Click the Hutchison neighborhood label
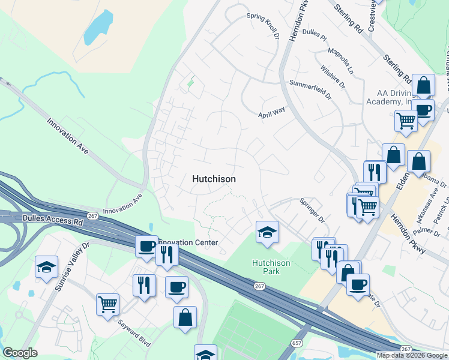[214, 179]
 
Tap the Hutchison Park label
[271, 267]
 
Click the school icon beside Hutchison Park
[267, 233]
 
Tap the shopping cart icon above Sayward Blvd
[107, 304]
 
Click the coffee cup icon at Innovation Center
[146, 245]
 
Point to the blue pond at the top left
[98, 28]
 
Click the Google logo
[20, 353]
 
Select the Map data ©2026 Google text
[412, 355]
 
